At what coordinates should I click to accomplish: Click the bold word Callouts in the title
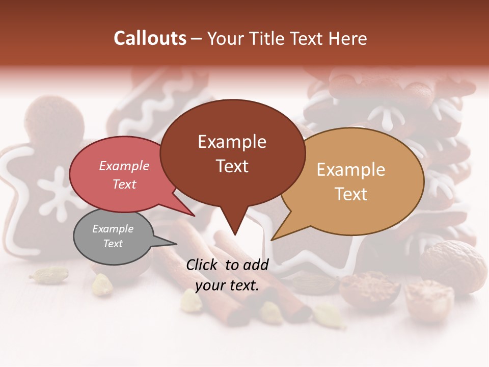[x=150, y=38]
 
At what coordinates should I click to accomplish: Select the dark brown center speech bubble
[x=232, y=153]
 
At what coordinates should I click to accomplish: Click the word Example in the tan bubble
[x=351, y=170]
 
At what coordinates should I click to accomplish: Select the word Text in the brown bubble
[x=232, y=166]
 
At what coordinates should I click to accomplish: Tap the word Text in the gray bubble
[x=113, y=244]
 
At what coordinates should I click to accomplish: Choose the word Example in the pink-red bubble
[x=124, y=166]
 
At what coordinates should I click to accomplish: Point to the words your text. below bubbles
[x=227, y=285]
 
